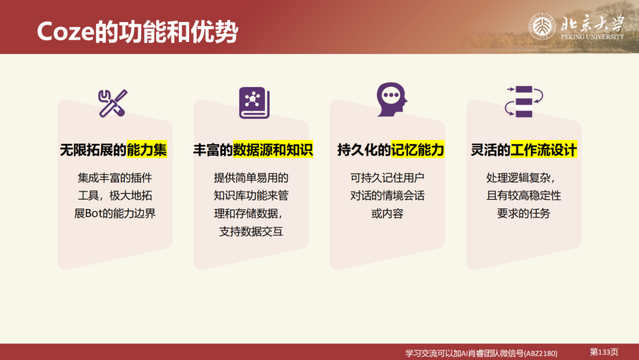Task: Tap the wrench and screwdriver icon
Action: (x=112, y=103)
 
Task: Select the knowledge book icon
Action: (x=254, y=103)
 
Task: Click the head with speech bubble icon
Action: (x=391, y=99)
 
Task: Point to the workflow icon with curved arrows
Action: (x=524, y=101)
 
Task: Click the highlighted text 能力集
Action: (x=147, y=150)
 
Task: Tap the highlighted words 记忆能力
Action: (x=418, y=150)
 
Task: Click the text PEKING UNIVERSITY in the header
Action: (x=592, y=37)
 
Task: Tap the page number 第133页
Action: (x=604, y=352)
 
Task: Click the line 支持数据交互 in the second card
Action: (x=251, y=231)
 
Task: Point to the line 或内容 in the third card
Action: (x=388, y=213)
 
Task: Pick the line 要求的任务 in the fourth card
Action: (x=524, y=213)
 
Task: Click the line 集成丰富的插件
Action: (x=115, y=178)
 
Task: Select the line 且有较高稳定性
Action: (x=524, y=195)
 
